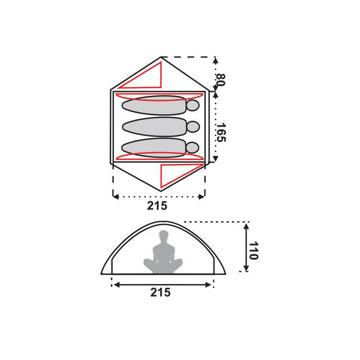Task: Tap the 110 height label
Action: [253, 250]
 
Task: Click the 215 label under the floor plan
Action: [158, 206]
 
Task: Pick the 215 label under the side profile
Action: [160, 292]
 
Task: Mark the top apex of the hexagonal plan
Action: [160, 57]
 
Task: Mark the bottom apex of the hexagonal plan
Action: [160, 191]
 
